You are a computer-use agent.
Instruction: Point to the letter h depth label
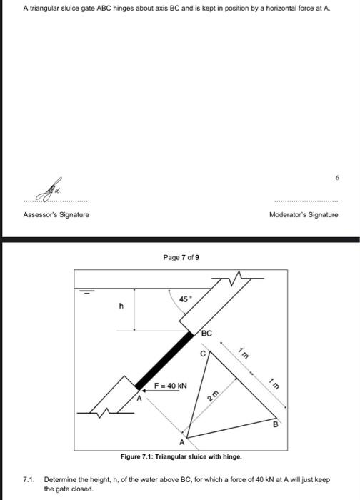point(121,306)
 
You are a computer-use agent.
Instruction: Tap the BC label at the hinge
point(206,334)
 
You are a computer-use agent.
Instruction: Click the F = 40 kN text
point(171,385)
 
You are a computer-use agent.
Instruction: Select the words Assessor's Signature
point(56,214)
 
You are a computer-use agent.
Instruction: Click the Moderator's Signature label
point(303,214)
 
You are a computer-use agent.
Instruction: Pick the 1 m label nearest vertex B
point(274,384)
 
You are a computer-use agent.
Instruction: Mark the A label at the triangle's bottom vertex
point(183,441)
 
